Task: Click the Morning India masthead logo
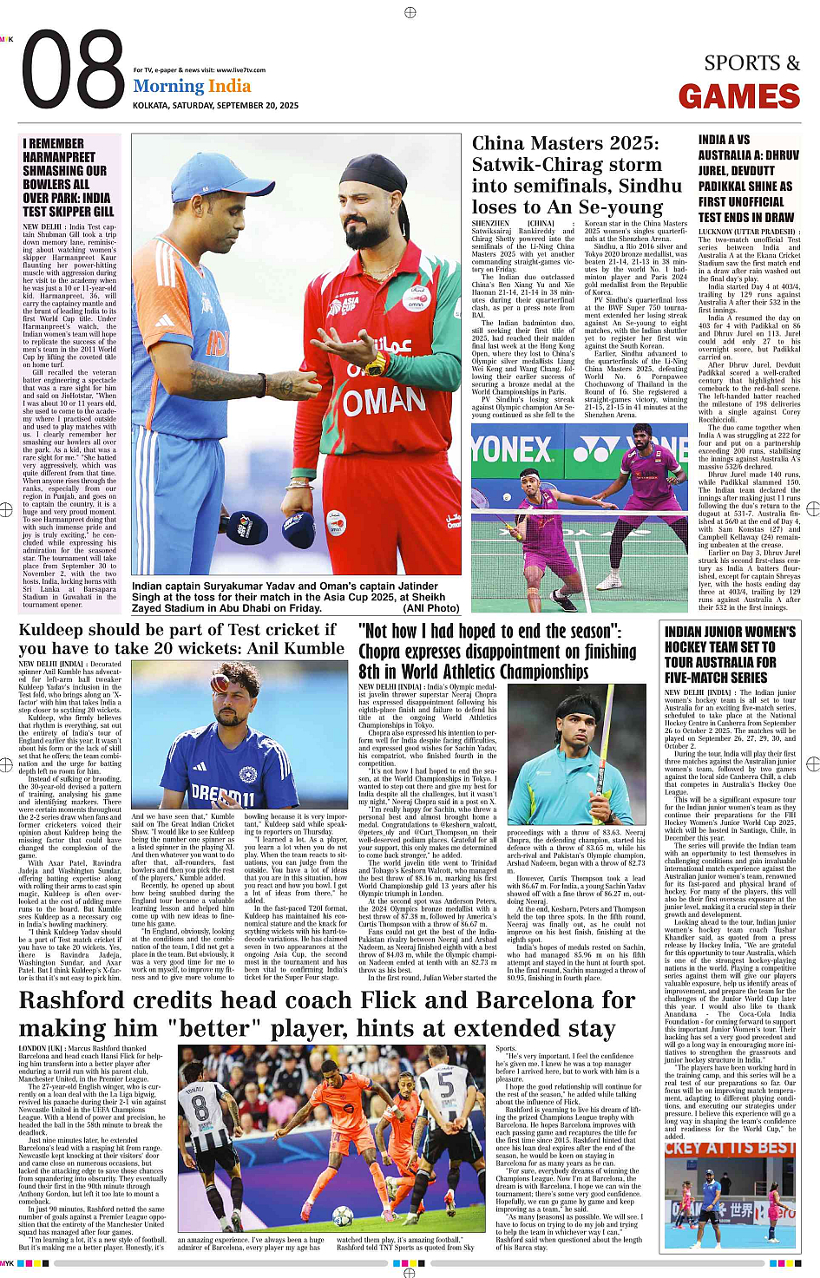(192, 86)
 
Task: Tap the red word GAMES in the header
(738, 96)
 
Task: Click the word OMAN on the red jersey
(384, 401)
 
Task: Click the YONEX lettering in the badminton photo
(512, 449)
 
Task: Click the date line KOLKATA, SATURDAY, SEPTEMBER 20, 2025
(215, 105)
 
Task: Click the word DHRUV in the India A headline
(781, 155)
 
